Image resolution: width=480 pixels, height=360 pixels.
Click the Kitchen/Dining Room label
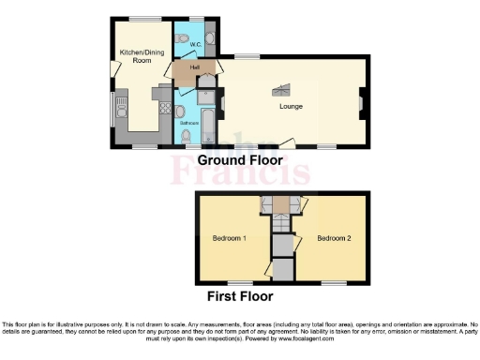pyautogui.click(x=136, y=56)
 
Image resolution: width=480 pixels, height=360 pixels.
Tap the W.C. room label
pyautogui.click(x=196, y=44)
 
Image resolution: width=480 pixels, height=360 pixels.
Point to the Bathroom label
pyautogui.click(x=189, y=123)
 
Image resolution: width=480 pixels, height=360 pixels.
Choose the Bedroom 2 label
pyautogui.click(x=333, y=238)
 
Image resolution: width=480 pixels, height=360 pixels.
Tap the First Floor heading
pyautogui.click(x=240, y=296)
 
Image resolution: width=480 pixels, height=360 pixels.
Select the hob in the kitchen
pyautogui.click(x=162, y=94)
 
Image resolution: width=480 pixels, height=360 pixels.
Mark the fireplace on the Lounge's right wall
pyautogui.click(x=360, y=98)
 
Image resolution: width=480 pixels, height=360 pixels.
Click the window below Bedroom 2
pyautogui.click(x=333, y=282)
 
